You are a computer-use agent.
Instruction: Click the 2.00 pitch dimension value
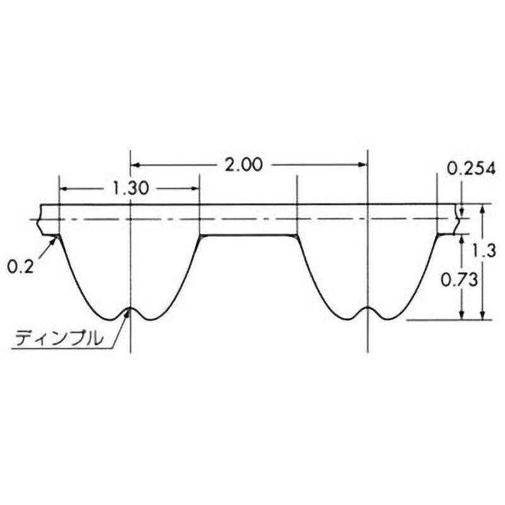pyautogui.click(x=244, y=165)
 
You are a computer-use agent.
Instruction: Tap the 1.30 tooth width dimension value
pyautogui.click(x=131, y=188)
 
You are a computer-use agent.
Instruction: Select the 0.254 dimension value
pyautogui.click(x=471, y=169)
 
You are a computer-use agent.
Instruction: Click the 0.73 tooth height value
pyautogui.click(x=460, y=280)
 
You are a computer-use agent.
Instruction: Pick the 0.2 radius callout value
pyautogui.click(x=20, y=266)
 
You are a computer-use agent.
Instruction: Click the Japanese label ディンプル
pyautogui.click(x=59, y=339)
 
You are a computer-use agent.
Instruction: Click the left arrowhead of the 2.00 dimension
pyautogui.click(x=134, y=165)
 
